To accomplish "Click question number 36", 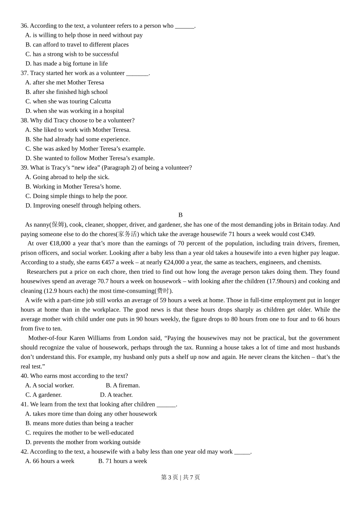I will (24, 26).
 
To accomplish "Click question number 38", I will (24, 121).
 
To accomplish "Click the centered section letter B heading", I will (180, 215).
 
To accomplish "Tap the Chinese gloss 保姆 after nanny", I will (58, 225).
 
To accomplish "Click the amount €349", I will (307, 234).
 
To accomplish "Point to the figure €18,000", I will (60, 244).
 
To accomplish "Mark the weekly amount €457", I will (108, 262).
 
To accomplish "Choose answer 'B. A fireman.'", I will (123, 386).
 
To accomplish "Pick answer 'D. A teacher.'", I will (116, 395).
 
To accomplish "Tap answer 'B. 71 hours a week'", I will (122, 461).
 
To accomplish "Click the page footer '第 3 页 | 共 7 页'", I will (180, 478).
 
